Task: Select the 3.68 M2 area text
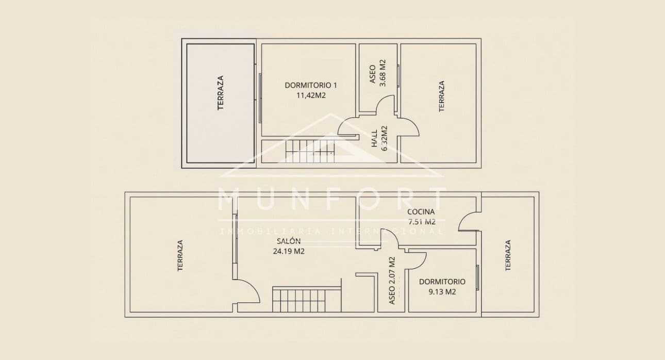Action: pyautogui.click(x=383, y=73)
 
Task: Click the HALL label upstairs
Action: pyautogui.click(x=374, y=138)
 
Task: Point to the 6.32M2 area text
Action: pyautogui.click(x=384, y=138)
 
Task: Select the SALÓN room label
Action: pyautogui.click(x=289, y=241)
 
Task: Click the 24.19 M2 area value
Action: pyautogui.click(x=289, y=252)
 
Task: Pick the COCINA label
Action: pyautogui.click(x=421, y=211)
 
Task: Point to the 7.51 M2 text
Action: pyautogui.click(x=422, y=222)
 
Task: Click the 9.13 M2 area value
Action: pyautogui.click(x=442, y=291)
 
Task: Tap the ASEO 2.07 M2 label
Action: pyautogui.click(x=392, y=280)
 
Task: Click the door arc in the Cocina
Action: pyautogui.click(x=467, y=222)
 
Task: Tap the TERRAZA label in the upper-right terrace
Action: pyautogui.click(x=441, y=96)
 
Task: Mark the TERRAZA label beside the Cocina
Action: pyautogui.click(x=508, y=255)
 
